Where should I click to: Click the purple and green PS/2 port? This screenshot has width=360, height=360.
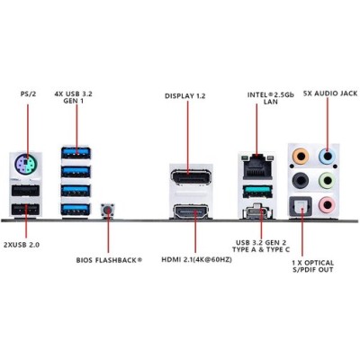25,164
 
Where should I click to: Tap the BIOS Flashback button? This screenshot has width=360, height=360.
108,211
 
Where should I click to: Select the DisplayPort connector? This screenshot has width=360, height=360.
191,177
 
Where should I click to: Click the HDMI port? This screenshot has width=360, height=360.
191,212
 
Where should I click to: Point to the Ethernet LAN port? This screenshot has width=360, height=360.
256,168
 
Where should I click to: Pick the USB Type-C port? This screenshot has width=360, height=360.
257,211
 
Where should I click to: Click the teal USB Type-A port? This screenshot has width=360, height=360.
257,192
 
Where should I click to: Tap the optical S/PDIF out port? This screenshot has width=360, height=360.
300,206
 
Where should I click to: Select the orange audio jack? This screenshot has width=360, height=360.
301,156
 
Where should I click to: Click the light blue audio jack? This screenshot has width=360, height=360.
327,157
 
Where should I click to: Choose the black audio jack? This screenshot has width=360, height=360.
301,180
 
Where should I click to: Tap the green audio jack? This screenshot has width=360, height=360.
327,180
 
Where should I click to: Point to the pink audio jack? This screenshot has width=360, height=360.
327,204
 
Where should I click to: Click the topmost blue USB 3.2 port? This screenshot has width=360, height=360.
76,153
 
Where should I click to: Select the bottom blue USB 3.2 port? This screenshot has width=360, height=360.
76,209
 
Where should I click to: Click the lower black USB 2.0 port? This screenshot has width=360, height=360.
25,210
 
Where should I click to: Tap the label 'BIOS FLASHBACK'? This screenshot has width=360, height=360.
106,260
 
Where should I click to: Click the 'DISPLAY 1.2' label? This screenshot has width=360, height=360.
185,96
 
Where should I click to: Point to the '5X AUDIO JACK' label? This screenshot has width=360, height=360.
330,94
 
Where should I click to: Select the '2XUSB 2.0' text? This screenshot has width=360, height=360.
22,245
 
